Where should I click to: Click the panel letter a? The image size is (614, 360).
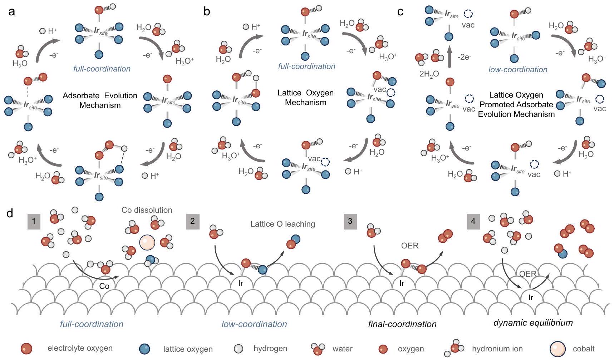click(12, 12)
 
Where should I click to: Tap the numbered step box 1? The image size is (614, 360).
click(34, 221)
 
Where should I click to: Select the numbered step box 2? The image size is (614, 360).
click(192, 221)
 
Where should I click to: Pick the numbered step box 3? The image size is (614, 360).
click(350, 221)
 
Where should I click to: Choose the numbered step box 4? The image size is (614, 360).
click(473, 221)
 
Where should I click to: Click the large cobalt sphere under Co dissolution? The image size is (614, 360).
click(147, 242)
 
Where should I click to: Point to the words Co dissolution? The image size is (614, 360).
click(147, 210)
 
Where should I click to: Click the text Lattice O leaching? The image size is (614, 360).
click(283, 224)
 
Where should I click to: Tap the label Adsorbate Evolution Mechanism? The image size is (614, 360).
click(100, 100)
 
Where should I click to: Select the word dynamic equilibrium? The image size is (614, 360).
click(533, 323)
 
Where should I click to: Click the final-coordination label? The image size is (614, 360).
click(402, 324)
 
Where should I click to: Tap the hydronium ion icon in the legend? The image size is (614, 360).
click(455, 348)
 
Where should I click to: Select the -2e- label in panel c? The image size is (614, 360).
click(464, 57)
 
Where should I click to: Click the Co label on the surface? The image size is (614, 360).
click(104, 286)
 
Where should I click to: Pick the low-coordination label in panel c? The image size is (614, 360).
click(518, 70)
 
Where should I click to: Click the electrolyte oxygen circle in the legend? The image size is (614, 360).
click(27, 349)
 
